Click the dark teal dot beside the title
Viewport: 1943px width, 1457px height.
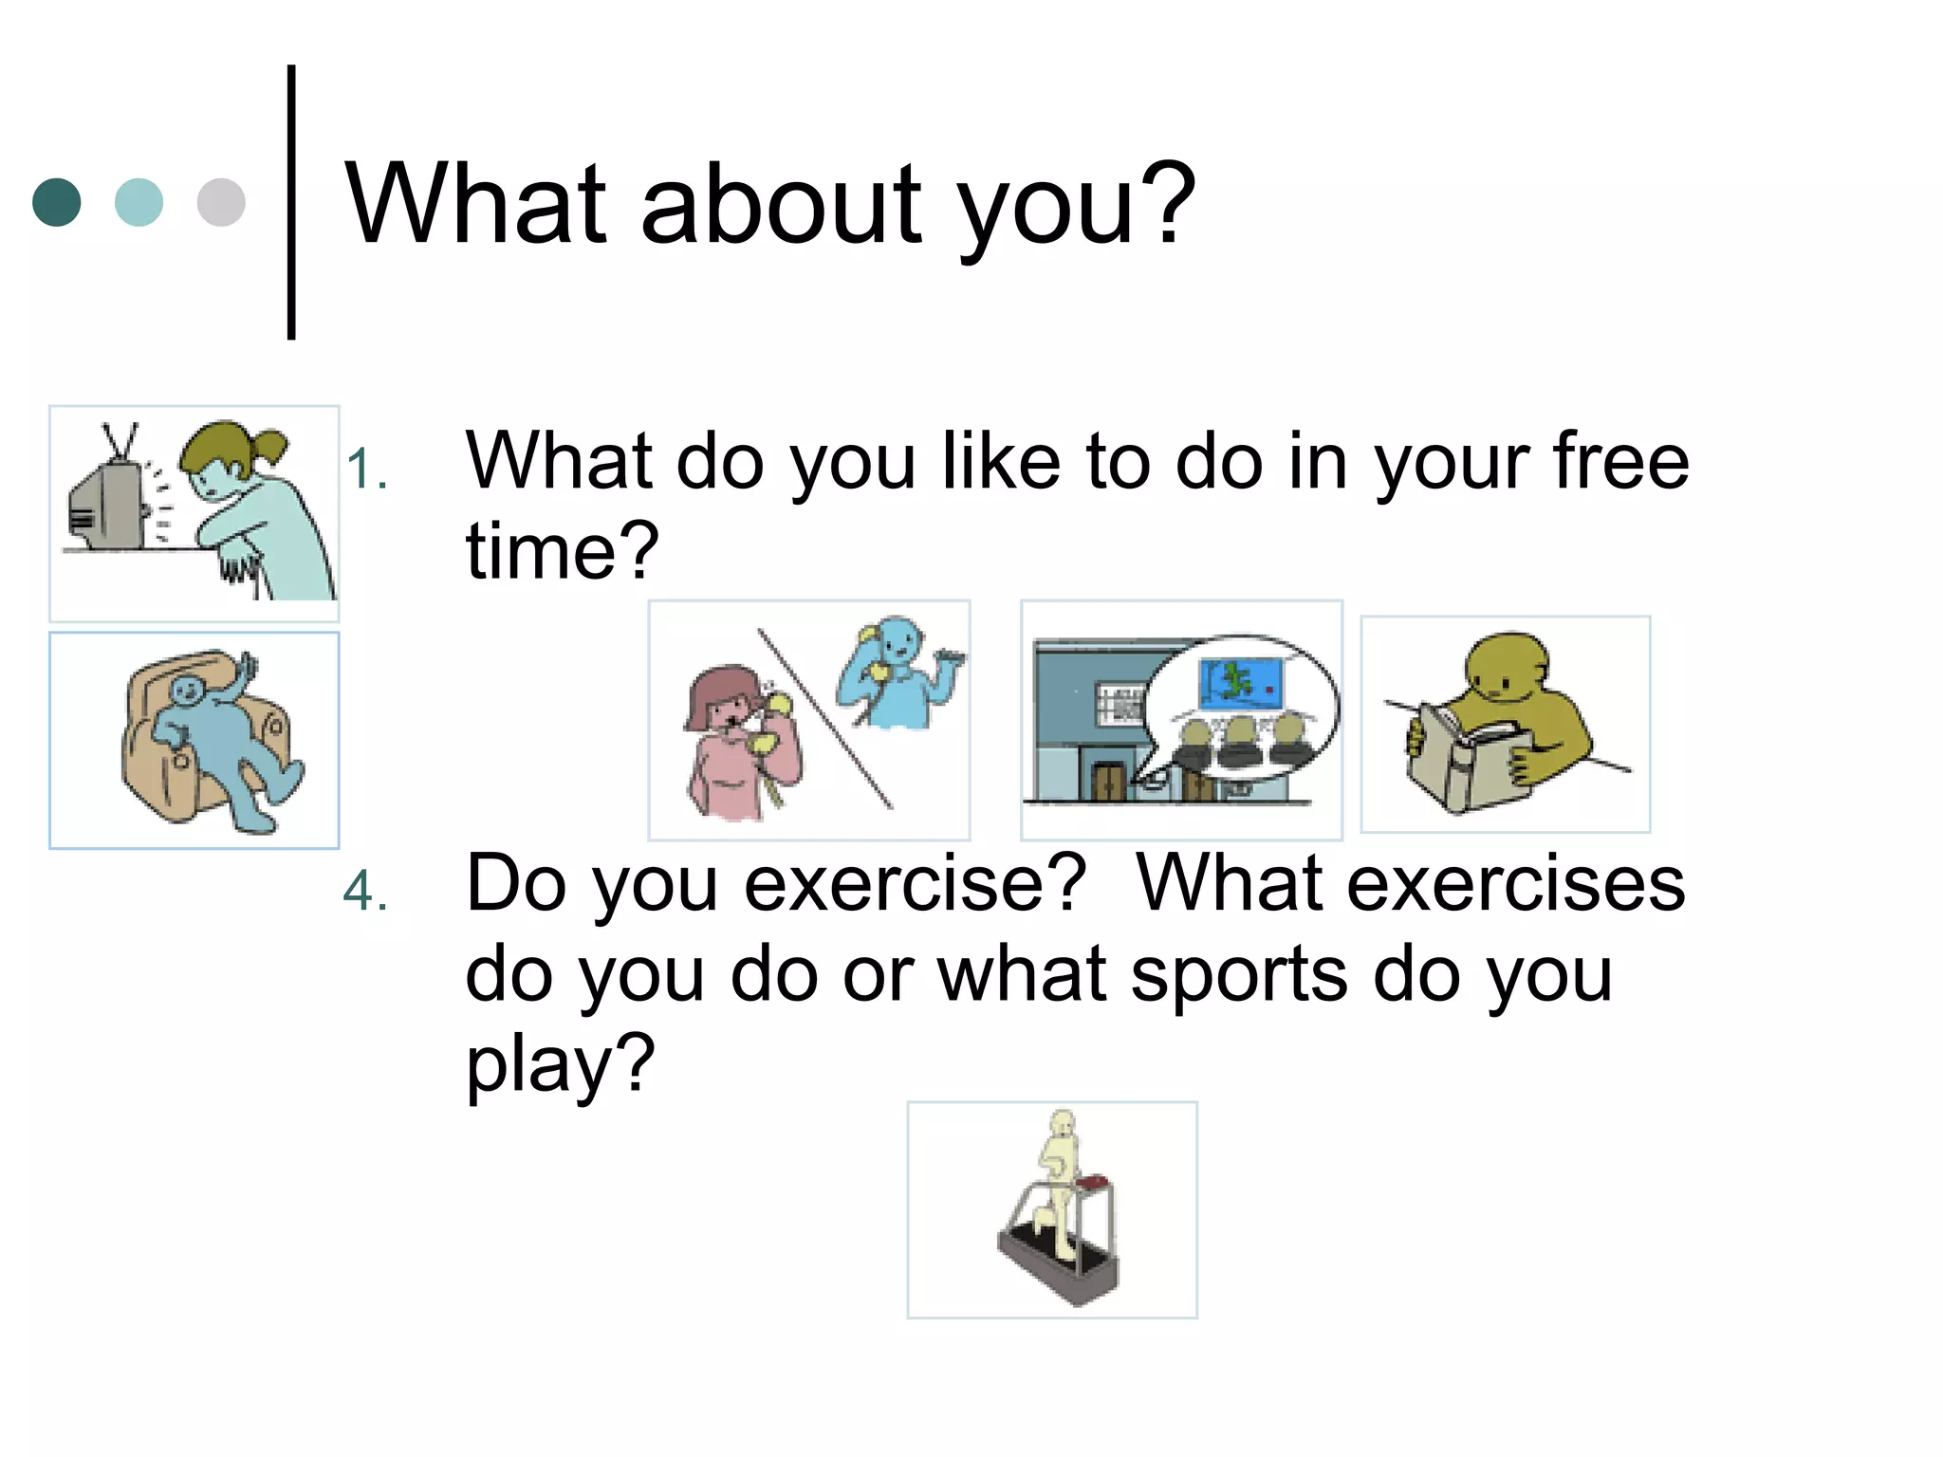57,202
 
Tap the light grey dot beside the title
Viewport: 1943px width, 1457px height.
221,202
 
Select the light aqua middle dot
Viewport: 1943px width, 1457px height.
139,202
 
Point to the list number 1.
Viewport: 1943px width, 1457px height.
366,470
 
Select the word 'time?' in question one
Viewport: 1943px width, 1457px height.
562,551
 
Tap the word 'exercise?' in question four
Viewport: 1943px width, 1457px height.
915,885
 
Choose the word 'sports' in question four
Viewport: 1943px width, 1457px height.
1239,975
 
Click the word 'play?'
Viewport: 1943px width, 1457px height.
560,1065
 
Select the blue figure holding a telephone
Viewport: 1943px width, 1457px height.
892,673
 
